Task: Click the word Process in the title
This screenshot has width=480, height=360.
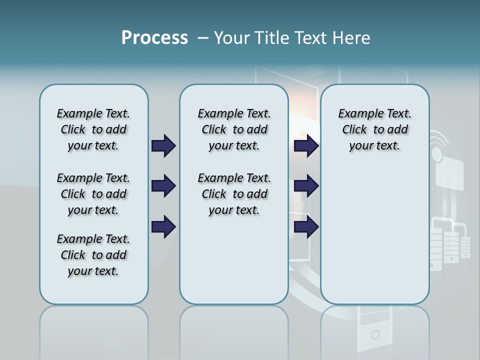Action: [x=154, y=38]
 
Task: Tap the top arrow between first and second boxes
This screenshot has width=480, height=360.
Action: [x=163, y=146]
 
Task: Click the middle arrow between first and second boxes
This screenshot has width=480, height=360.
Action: [x=163, y=186]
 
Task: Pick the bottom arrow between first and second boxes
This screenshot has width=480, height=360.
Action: [x=163, y=227]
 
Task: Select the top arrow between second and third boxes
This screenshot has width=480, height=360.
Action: [x=306, y=146]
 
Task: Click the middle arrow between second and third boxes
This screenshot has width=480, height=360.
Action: [x=306, y=186]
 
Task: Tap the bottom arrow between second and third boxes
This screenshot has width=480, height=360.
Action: [x=306, y=227]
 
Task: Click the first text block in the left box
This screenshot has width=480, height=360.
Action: [x=93, y=130]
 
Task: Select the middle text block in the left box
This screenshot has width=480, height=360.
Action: [x=93, y=194]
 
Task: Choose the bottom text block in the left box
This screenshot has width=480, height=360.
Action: [x=93, y=255]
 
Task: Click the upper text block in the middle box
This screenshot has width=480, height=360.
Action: [x=234, y=130]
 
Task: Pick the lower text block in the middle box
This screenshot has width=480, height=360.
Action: [x=234, y=194]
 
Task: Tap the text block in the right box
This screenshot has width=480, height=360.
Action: [x=374, y=130]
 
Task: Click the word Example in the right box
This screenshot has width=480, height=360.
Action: [x=359, y=114]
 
